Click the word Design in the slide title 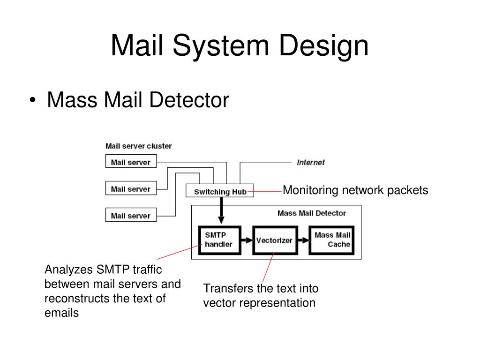(x=323, y=45)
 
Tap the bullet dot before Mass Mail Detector (x=32, y=100)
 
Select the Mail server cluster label (x=138, y=146)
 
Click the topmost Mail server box (x=131, y=161)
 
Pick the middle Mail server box (x=131, y=188)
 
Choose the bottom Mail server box (x=131, y=215)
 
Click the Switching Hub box (x=220, y=191)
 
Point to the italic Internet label (x=310, y=163)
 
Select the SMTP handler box (x=219, y=240)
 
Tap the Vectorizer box (x=275, y=240)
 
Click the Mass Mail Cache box (x=331, y=240)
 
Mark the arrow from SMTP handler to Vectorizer (x=247, y=240)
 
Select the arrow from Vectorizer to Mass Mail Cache (x=303, y=240)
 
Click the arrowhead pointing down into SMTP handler (x=221, y=220)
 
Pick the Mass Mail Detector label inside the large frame (x=312, y=213)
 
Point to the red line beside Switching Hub (x=264, y=192)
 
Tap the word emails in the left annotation (x=61, y=313)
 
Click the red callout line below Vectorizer (x=268, y=267)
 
